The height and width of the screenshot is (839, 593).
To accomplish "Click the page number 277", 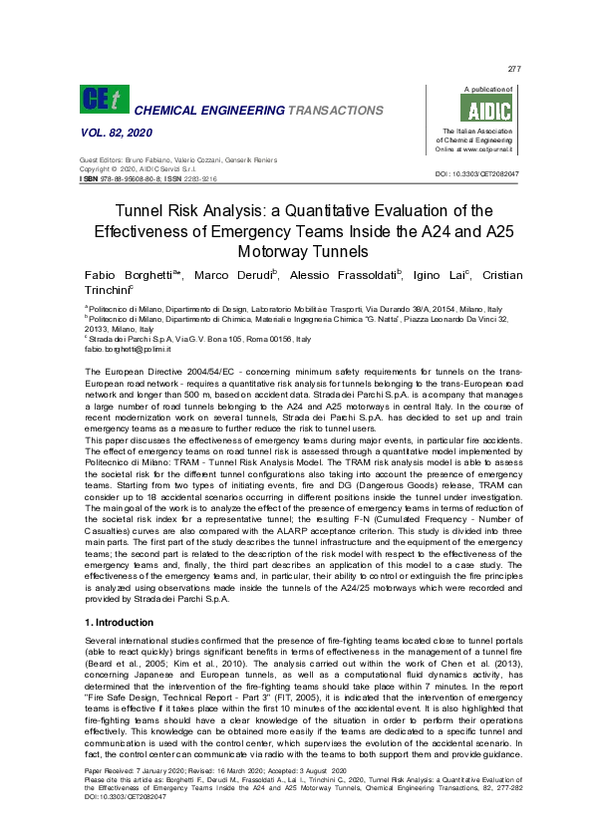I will [x=514, y=69].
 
